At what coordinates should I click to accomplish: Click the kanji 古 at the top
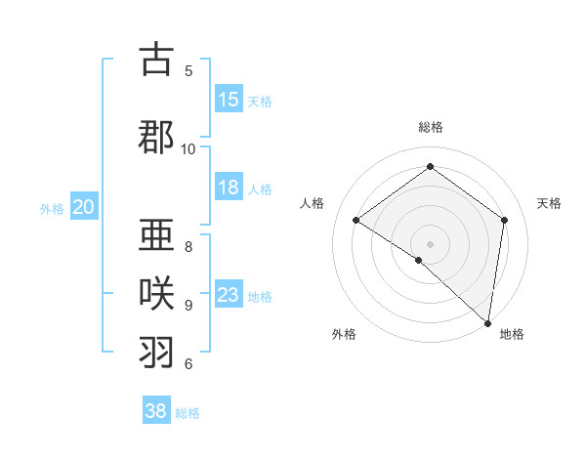tap(156, 60)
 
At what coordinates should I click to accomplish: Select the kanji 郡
tap(156, 137)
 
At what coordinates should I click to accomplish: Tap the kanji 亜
tap(156, 234)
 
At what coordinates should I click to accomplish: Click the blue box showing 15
tap(229, 100)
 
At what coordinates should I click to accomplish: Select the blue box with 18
tap(229, 188)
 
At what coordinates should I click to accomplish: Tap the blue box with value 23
tap(229, 295)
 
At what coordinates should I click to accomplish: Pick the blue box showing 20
tap(84, 207)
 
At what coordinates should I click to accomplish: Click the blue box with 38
tap(156, 411)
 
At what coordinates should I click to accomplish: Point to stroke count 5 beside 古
tap(188, 70)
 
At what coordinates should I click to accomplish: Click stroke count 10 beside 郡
tap(188, 148)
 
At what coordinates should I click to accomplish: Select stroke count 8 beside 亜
tap(188, 246)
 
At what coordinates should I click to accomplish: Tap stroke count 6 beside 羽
tap(188, 363)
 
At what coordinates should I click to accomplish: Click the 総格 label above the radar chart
tap(431, 127)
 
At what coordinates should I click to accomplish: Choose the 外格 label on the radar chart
tap(344, 334)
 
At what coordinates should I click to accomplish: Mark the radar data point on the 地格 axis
tap(487, 322)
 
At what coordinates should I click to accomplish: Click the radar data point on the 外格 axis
tap(419, 260)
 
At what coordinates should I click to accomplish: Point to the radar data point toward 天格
tap(504, 220)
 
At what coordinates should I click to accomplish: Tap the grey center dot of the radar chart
tap(430, 243)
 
